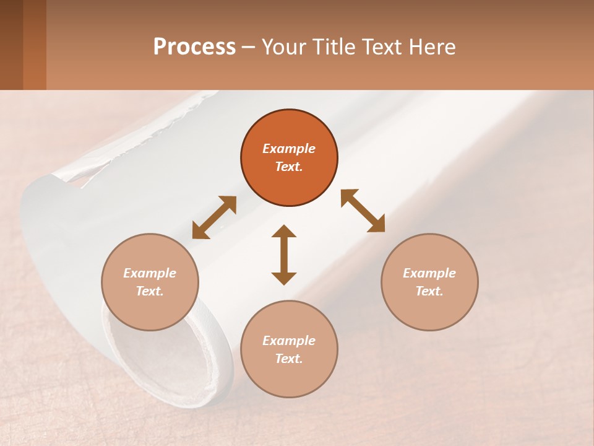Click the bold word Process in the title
194,47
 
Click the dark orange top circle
289,157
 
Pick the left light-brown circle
150,282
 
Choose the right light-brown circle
429,282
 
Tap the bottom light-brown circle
289,349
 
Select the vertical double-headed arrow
284,255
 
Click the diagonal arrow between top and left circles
214,217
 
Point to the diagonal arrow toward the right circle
363,211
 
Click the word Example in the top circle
289,149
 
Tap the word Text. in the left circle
150,291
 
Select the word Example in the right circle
429,273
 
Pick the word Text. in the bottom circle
289,359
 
